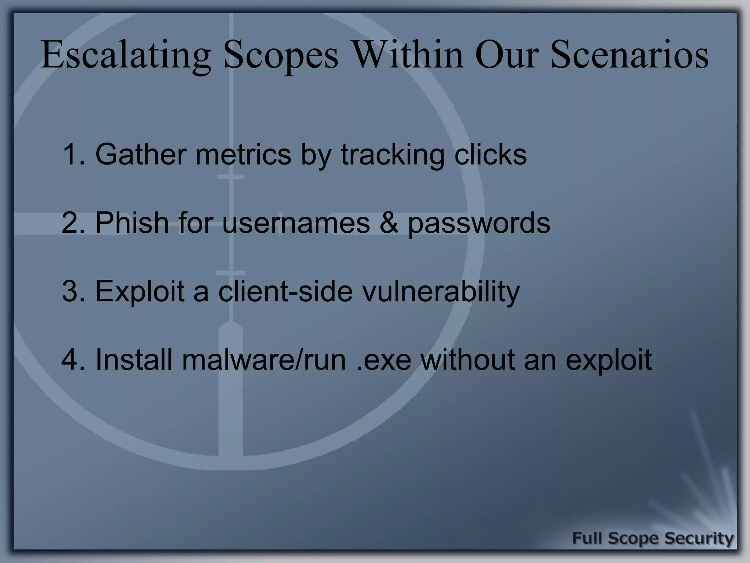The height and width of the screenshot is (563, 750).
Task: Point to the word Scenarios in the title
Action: coord(629,55)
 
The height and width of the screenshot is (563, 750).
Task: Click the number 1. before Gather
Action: coord(74,154)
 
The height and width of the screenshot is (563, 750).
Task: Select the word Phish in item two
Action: coord(132,222)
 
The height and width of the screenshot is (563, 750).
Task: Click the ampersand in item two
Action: coord(389,223)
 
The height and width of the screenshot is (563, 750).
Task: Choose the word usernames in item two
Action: coord(296,223)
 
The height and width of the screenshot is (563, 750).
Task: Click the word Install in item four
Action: coord(134,360)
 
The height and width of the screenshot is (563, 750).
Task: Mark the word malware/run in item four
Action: coord(264,360)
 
